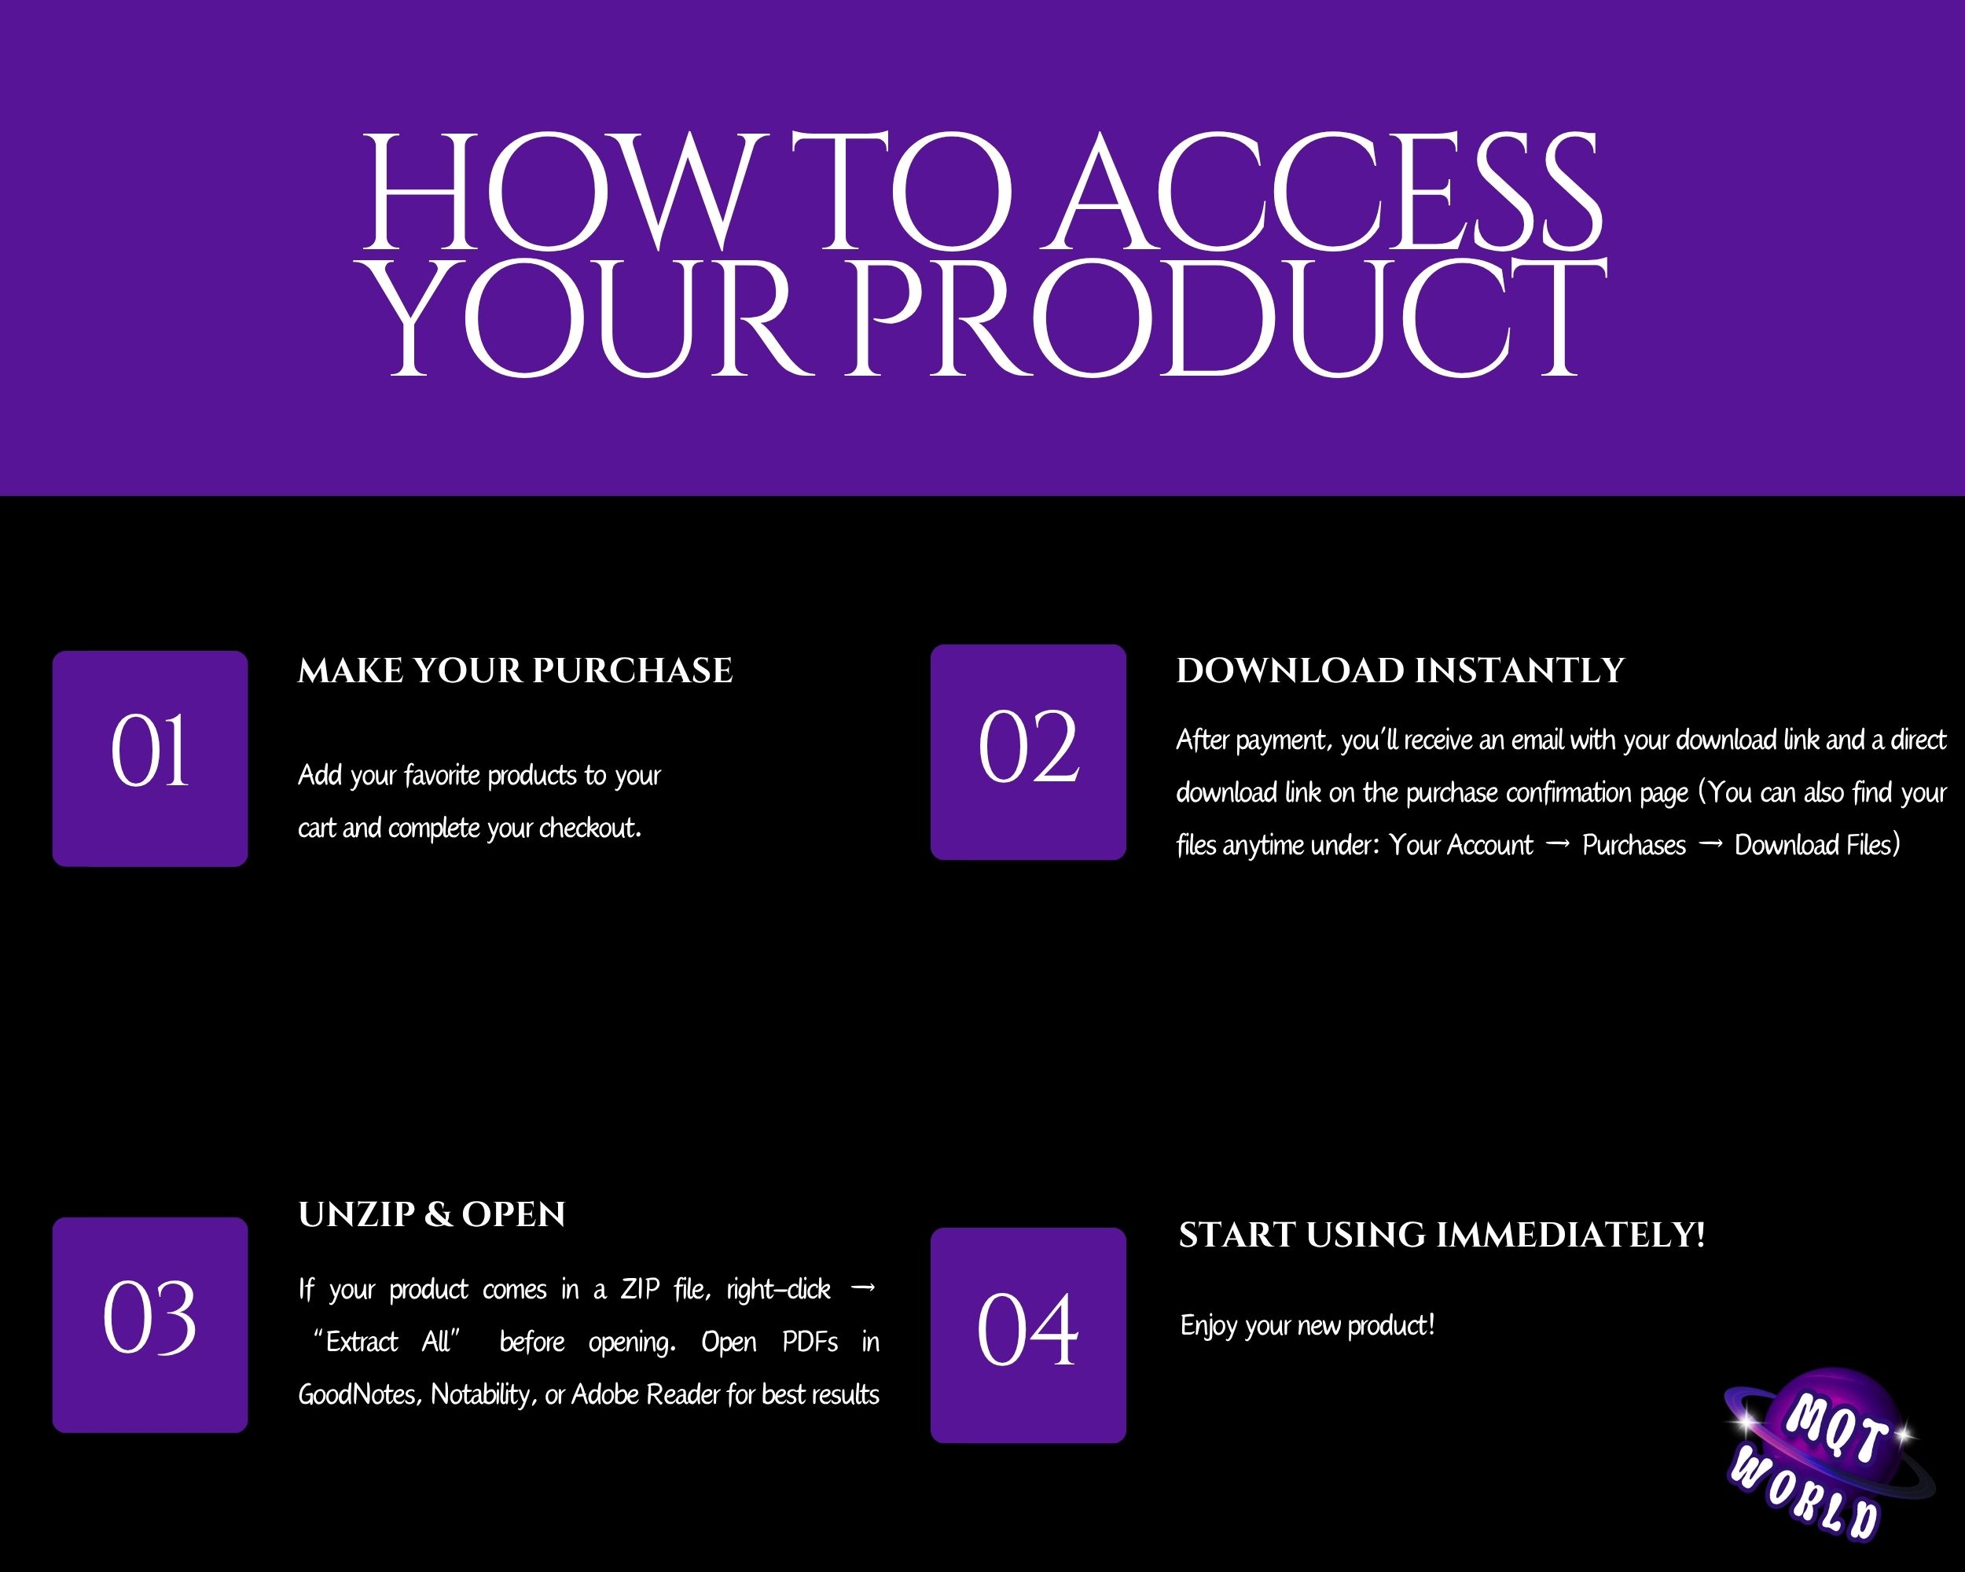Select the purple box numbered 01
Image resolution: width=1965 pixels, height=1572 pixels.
coord(150,758)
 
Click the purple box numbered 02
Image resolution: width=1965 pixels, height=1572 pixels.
coord(1028,752)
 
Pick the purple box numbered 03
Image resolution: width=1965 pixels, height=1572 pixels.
coord(150,1325)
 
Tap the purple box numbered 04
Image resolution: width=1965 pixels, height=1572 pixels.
coord(1028,1335)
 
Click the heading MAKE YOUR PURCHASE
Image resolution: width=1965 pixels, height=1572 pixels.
coord(515,670)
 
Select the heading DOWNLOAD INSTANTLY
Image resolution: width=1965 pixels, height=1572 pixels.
coord(1400,670)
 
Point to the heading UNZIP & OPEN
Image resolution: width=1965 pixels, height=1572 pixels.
coord(432,1215)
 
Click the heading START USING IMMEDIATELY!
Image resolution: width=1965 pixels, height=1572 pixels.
coord(1442,1235)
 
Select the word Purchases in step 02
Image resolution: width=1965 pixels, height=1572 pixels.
coord(1634,846)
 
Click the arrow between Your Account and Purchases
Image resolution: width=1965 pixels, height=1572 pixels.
coord(1559,845)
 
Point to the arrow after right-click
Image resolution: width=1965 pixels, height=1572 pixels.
coord(862,1288)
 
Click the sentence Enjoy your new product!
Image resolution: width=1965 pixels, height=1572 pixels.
coord(1308,1326)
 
